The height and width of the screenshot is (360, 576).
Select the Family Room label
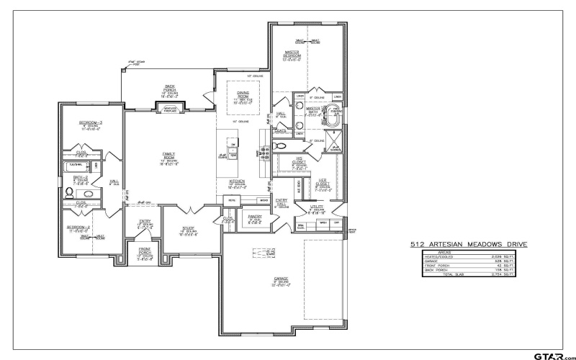168,158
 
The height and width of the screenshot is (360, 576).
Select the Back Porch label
170,89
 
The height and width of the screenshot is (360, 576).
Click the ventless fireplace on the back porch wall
170,109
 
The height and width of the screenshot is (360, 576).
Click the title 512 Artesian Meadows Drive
468,245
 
